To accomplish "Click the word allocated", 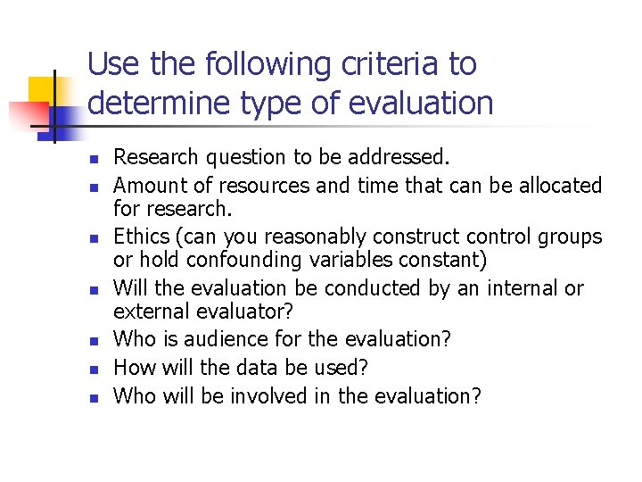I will [x=558, y=186].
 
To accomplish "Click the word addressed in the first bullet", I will [x=406, y=158].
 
